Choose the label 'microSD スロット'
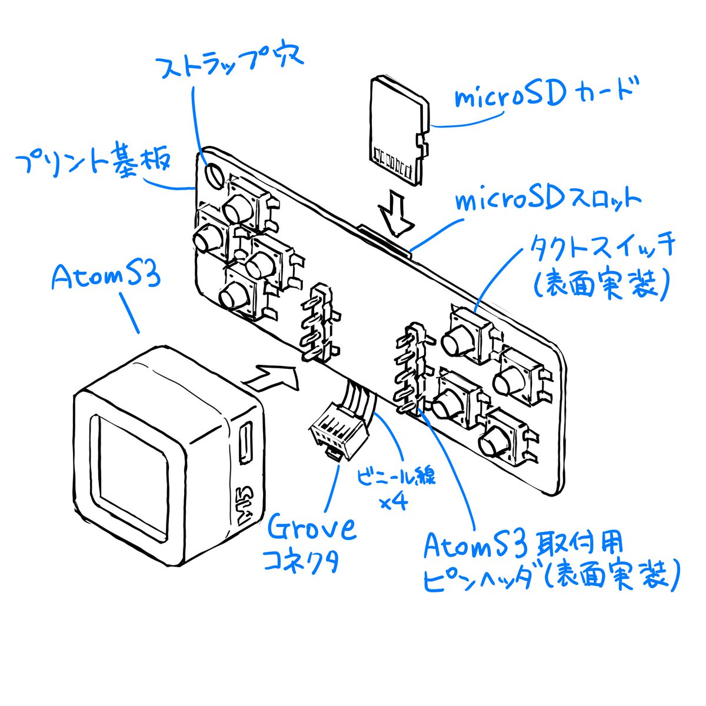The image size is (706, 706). coord(547,200)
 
